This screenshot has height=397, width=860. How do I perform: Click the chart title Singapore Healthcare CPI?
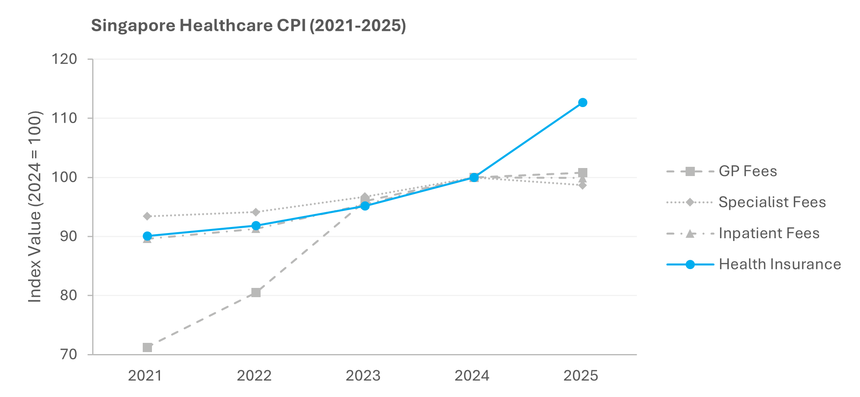tap(248, 26)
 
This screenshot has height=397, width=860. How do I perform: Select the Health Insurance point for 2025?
tap(583, 103)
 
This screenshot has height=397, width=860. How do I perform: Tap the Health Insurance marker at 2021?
tap(147, 236)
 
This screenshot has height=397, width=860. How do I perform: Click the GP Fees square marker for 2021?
tap(147, 347)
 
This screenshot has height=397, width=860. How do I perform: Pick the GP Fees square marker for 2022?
tap(256, 292)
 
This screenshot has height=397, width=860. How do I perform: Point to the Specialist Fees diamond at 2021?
tap(147, 216)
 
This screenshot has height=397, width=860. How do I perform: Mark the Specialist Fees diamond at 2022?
tap(256, 212)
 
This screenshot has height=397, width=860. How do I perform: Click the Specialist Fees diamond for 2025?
tap(583, 185)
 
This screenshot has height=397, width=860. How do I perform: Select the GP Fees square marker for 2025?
tap(583, 172)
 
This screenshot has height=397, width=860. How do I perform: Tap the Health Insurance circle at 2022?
tap(256, 226)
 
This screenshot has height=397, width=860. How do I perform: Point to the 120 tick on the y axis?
tap(64, 59)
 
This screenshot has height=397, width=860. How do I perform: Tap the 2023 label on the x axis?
tap(363, 376)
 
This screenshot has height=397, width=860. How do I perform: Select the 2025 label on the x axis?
tap(581, 376)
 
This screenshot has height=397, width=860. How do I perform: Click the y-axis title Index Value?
tap(35, 207)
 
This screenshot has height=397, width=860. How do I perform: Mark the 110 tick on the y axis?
tap(64, 118)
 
